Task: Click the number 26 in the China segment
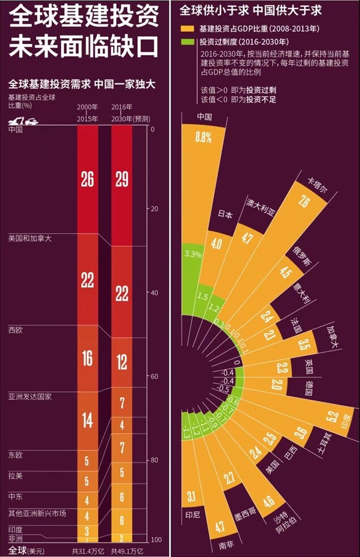pos(87,180)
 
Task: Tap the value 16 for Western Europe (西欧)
pos(87,358)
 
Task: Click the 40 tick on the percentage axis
pos(154,292)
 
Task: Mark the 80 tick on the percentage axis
pos(154,460)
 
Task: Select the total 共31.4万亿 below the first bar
pos(87,550)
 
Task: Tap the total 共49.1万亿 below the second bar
pos(126,550)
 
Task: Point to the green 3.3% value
pos(193,254)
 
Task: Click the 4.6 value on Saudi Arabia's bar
pos(269,501)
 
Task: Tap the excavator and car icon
pos(23,121)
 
